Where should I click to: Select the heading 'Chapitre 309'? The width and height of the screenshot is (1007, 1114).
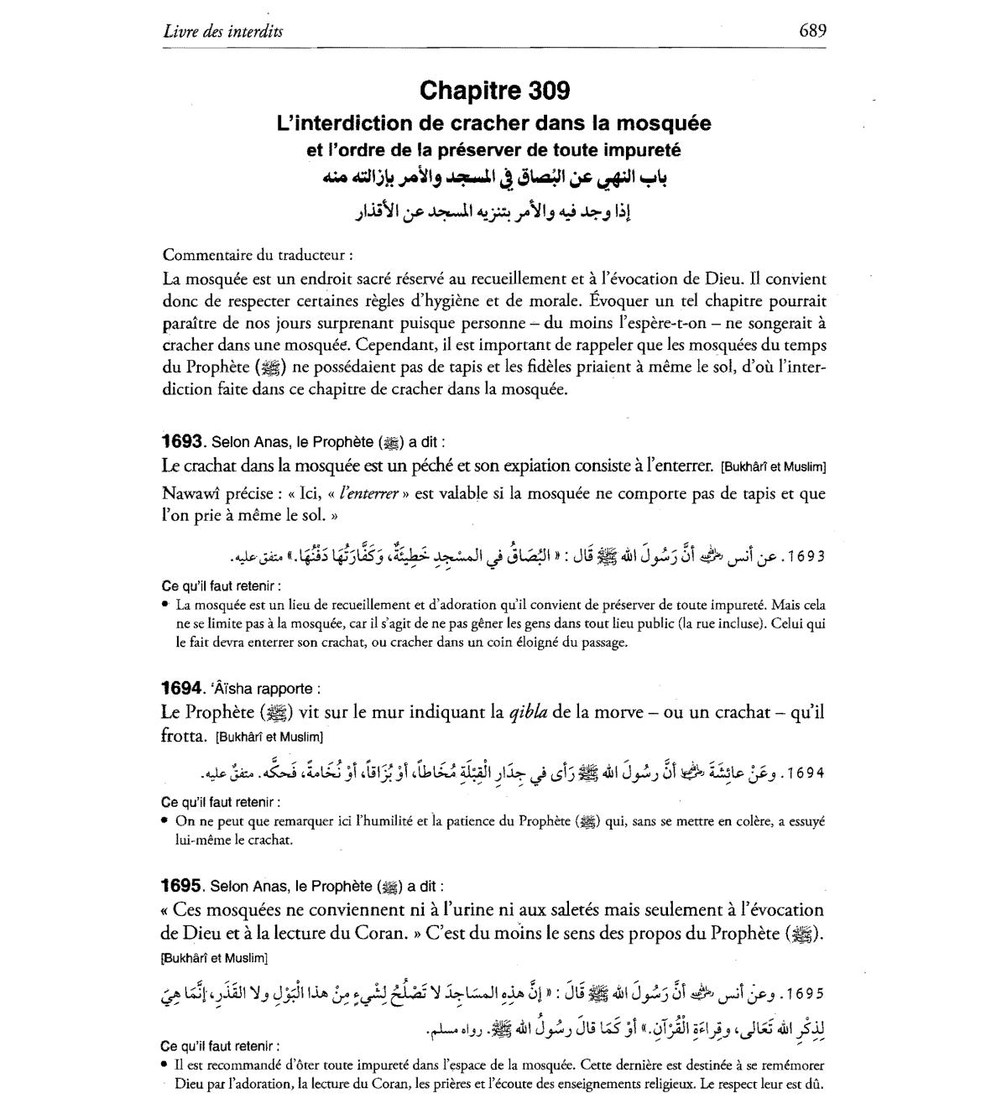[x=494, y=90]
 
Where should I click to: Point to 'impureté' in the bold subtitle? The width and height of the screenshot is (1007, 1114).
[x=647, y=151]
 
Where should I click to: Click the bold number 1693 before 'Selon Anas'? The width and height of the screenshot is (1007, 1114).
[x=183, y=442]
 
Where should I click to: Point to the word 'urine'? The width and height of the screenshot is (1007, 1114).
[x=472, y=910]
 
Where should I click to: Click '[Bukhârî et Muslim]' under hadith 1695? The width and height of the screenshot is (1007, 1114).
[x=213, y=957]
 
